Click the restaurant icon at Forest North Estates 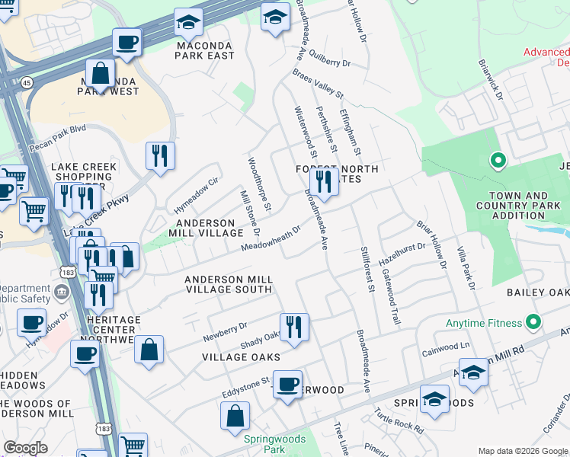click(x=325, y=182)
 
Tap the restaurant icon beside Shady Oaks click(x=294, y=328)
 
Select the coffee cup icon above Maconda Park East click(x=127, y=42)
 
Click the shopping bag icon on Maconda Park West click(x=100, y=74)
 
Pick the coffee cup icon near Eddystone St click(x=287, y=385)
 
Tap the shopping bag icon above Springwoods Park click(x=235, y=416)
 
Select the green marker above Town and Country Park click(x=498, y=161)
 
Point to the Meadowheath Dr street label click(x=271, y=237)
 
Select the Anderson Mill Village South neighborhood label click(x=229, y=284)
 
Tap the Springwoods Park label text click(x=274, y=444)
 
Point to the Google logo click(x=25, y=448)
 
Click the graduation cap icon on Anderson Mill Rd click(x=472, y=373)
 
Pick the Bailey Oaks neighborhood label click(x=538, y=292)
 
